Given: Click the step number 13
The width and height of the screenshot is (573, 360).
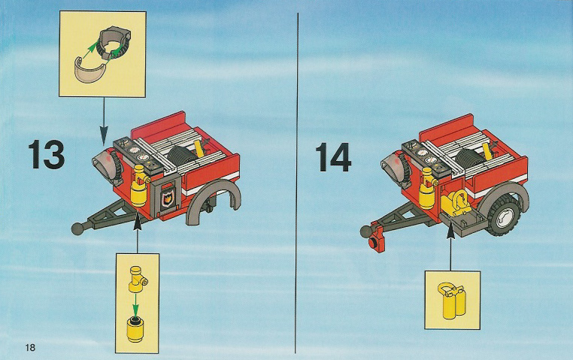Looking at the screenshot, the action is coord(47,154).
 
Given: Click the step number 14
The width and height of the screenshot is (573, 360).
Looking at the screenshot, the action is coord(333,157).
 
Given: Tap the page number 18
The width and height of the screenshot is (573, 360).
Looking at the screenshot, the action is coord(30,347).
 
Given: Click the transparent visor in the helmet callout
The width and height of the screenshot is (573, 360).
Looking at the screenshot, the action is coord(89,70).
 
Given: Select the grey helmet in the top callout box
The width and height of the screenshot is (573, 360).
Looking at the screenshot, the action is coord(114,43).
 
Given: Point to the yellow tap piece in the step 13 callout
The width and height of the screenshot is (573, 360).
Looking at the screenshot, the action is coord(137,280).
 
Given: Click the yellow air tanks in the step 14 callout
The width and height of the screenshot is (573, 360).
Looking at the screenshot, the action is coord(452,301).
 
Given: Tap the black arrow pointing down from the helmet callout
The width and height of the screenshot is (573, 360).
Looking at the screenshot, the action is coord(105,121).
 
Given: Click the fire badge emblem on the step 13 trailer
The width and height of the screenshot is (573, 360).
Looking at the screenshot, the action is coord(167,199).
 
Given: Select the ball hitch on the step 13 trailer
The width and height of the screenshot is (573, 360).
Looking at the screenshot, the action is coord(78,228).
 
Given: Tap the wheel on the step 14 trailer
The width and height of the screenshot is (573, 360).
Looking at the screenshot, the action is coord(504,214).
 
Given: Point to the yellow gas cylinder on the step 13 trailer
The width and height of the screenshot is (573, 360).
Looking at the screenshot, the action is coord(139,186).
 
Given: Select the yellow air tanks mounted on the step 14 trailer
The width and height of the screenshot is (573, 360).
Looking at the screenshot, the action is coord(456,204).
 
